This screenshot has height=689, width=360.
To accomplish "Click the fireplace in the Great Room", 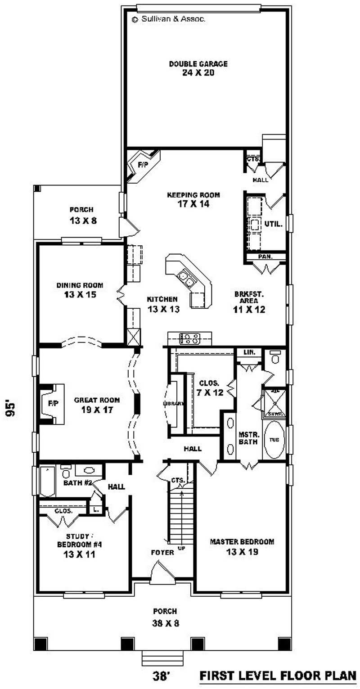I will coord(53,404).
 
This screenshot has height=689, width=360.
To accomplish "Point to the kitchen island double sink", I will coord(186,279).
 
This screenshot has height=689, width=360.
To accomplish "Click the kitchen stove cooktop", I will coord(189,338).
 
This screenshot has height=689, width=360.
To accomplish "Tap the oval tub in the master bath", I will coord(274,440).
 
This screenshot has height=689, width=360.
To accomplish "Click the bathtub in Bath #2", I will coord(47,481).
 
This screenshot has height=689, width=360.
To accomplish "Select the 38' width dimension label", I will coord(162,676).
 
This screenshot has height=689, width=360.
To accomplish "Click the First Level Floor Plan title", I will coord(278,676).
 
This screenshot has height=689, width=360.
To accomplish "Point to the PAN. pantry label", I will coord(264,257).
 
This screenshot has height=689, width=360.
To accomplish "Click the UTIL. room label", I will coord(273,223).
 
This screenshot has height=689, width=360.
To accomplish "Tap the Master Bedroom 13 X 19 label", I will coord(242,546).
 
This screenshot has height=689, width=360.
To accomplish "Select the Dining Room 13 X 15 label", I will coord(80,290).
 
